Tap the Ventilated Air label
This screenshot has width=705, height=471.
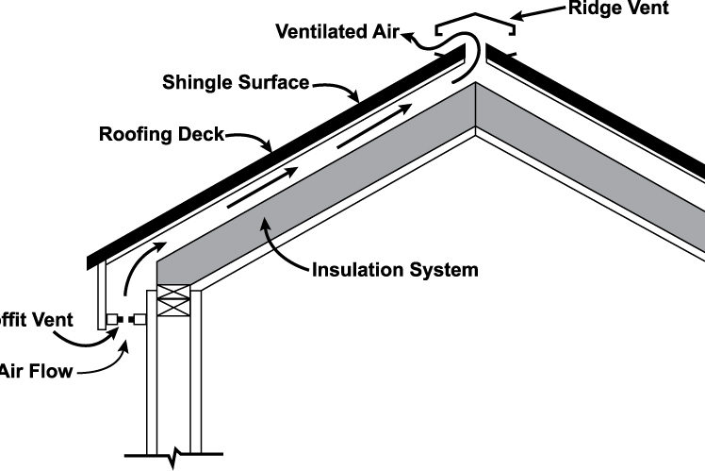click(336, 31)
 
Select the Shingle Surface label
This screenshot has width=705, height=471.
click(234, 82)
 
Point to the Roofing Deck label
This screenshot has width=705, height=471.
click(161, 134)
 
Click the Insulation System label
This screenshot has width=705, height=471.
click(394, 271)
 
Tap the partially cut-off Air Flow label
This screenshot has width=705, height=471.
click(36, 371)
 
